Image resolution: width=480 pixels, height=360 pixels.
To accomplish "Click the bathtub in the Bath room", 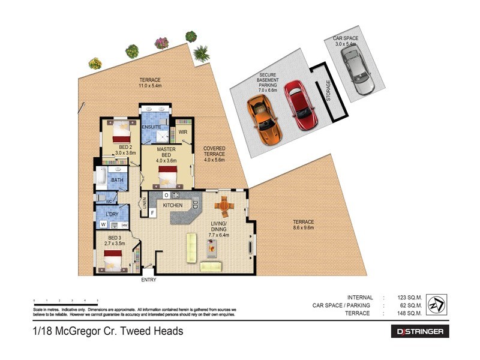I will [x=102, y=178].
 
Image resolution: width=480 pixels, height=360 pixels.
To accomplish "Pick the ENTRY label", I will [x=149, y=280].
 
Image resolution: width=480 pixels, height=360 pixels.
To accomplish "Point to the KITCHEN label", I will [x=172, y=206].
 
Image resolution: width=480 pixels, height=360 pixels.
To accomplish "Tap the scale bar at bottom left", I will [x=66, y=301].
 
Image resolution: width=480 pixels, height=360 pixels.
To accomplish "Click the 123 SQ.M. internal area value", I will [x=410, y=298].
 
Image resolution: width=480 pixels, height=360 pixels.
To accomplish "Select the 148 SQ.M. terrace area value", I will [x=410, y=313].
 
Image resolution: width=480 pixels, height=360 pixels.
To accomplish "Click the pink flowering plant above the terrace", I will [x=161, y=43].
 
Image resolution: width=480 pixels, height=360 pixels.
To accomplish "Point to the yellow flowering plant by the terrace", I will [x=95, y=63].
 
